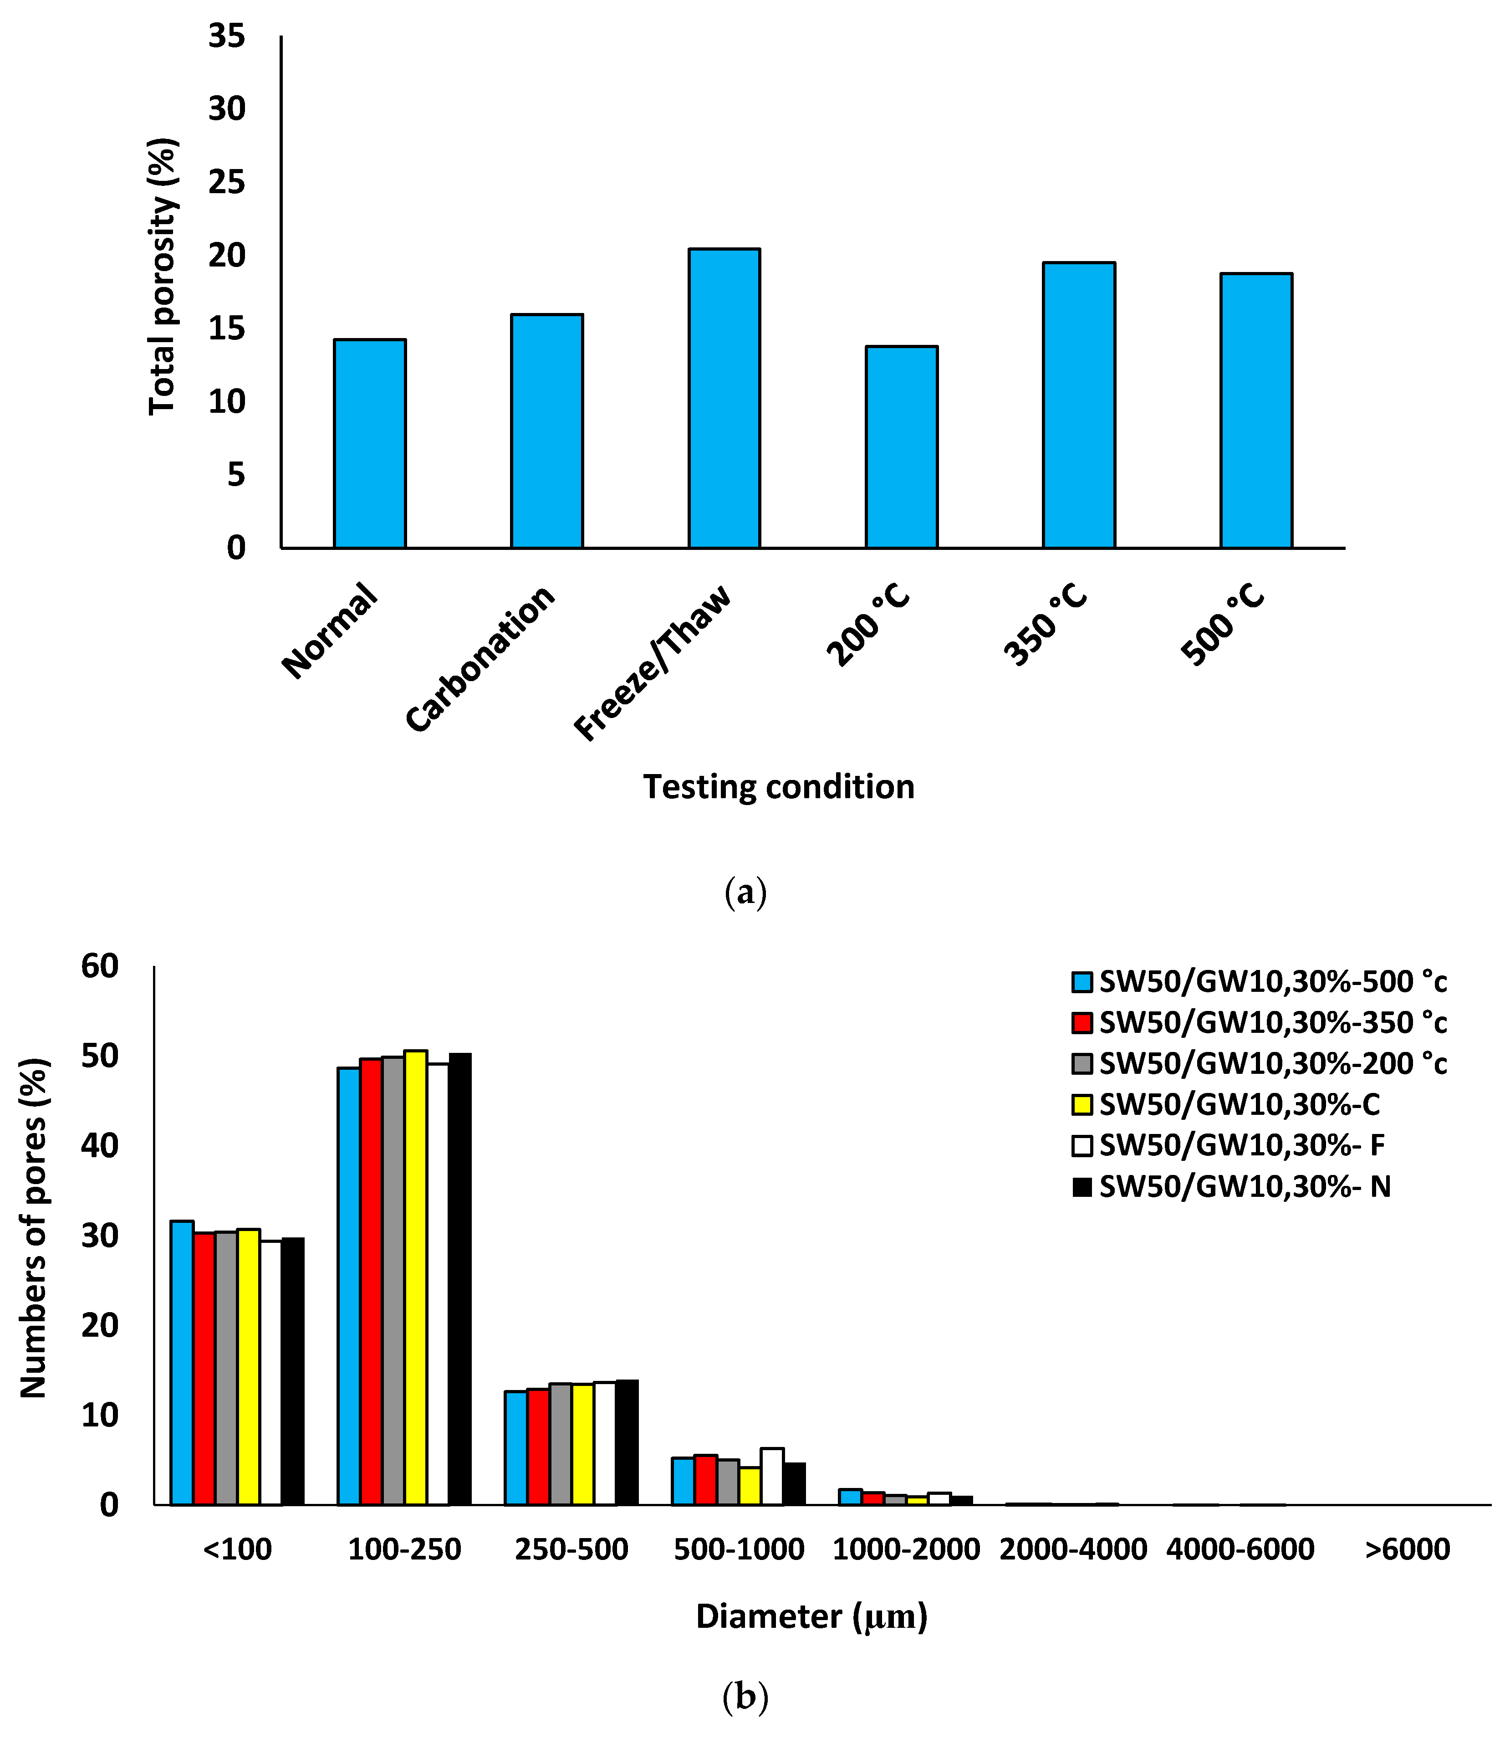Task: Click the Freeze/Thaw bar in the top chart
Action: coord(724,399)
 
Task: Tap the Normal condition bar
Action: coord(369,444)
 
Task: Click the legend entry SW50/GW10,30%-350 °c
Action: coord(1272,1022)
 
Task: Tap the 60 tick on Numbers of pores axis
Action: coord(101,966)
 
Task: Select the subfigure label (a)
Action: coord(745,891)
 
